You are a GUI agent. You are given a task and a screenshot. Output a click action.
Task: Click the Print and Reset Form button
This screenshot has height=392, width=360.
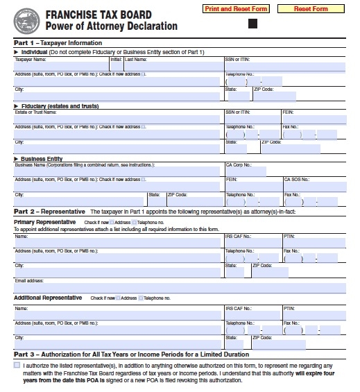(235, 9)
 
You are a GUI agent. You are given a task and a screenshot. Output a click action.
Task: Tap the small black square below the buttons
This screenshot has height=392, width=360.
(252, 24)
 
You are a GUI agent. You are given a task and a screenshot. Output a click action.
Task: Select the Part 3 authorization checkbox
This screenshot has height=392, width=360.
(17, 364)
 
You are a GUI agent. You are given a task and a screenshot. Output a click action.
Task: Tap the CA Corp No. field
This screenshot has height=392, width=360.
(246, 171)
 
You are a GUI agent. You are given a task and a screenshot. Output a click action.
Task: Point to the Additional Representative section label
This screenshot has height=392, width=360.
(48, 298)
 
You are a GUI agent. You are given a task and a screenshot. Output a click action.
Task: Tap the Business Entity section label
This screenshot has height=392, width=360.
(42, 158)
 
